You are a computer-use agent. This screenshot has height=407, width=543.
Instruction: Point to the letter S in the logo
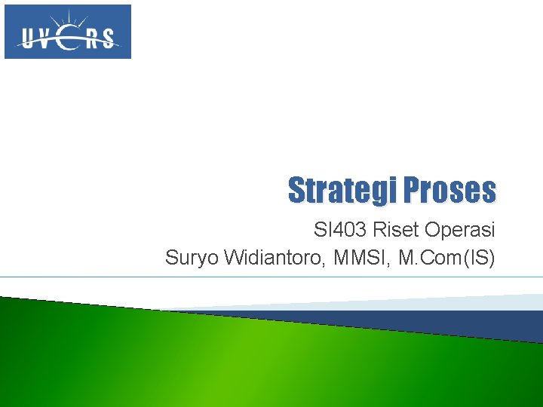tap(109, 38)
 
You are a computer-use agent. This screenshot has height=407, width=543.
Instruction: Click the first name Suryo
tap(189, 258)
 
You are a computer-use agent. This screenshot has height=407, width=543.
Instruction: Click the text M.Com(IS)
tap(447, 258)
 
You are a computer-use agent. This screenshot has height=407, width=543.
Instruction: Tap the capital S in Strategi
tap(296, 190)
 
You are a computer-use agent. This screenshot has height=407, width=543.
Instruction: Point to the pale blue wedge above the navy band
tap(452, 302)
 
